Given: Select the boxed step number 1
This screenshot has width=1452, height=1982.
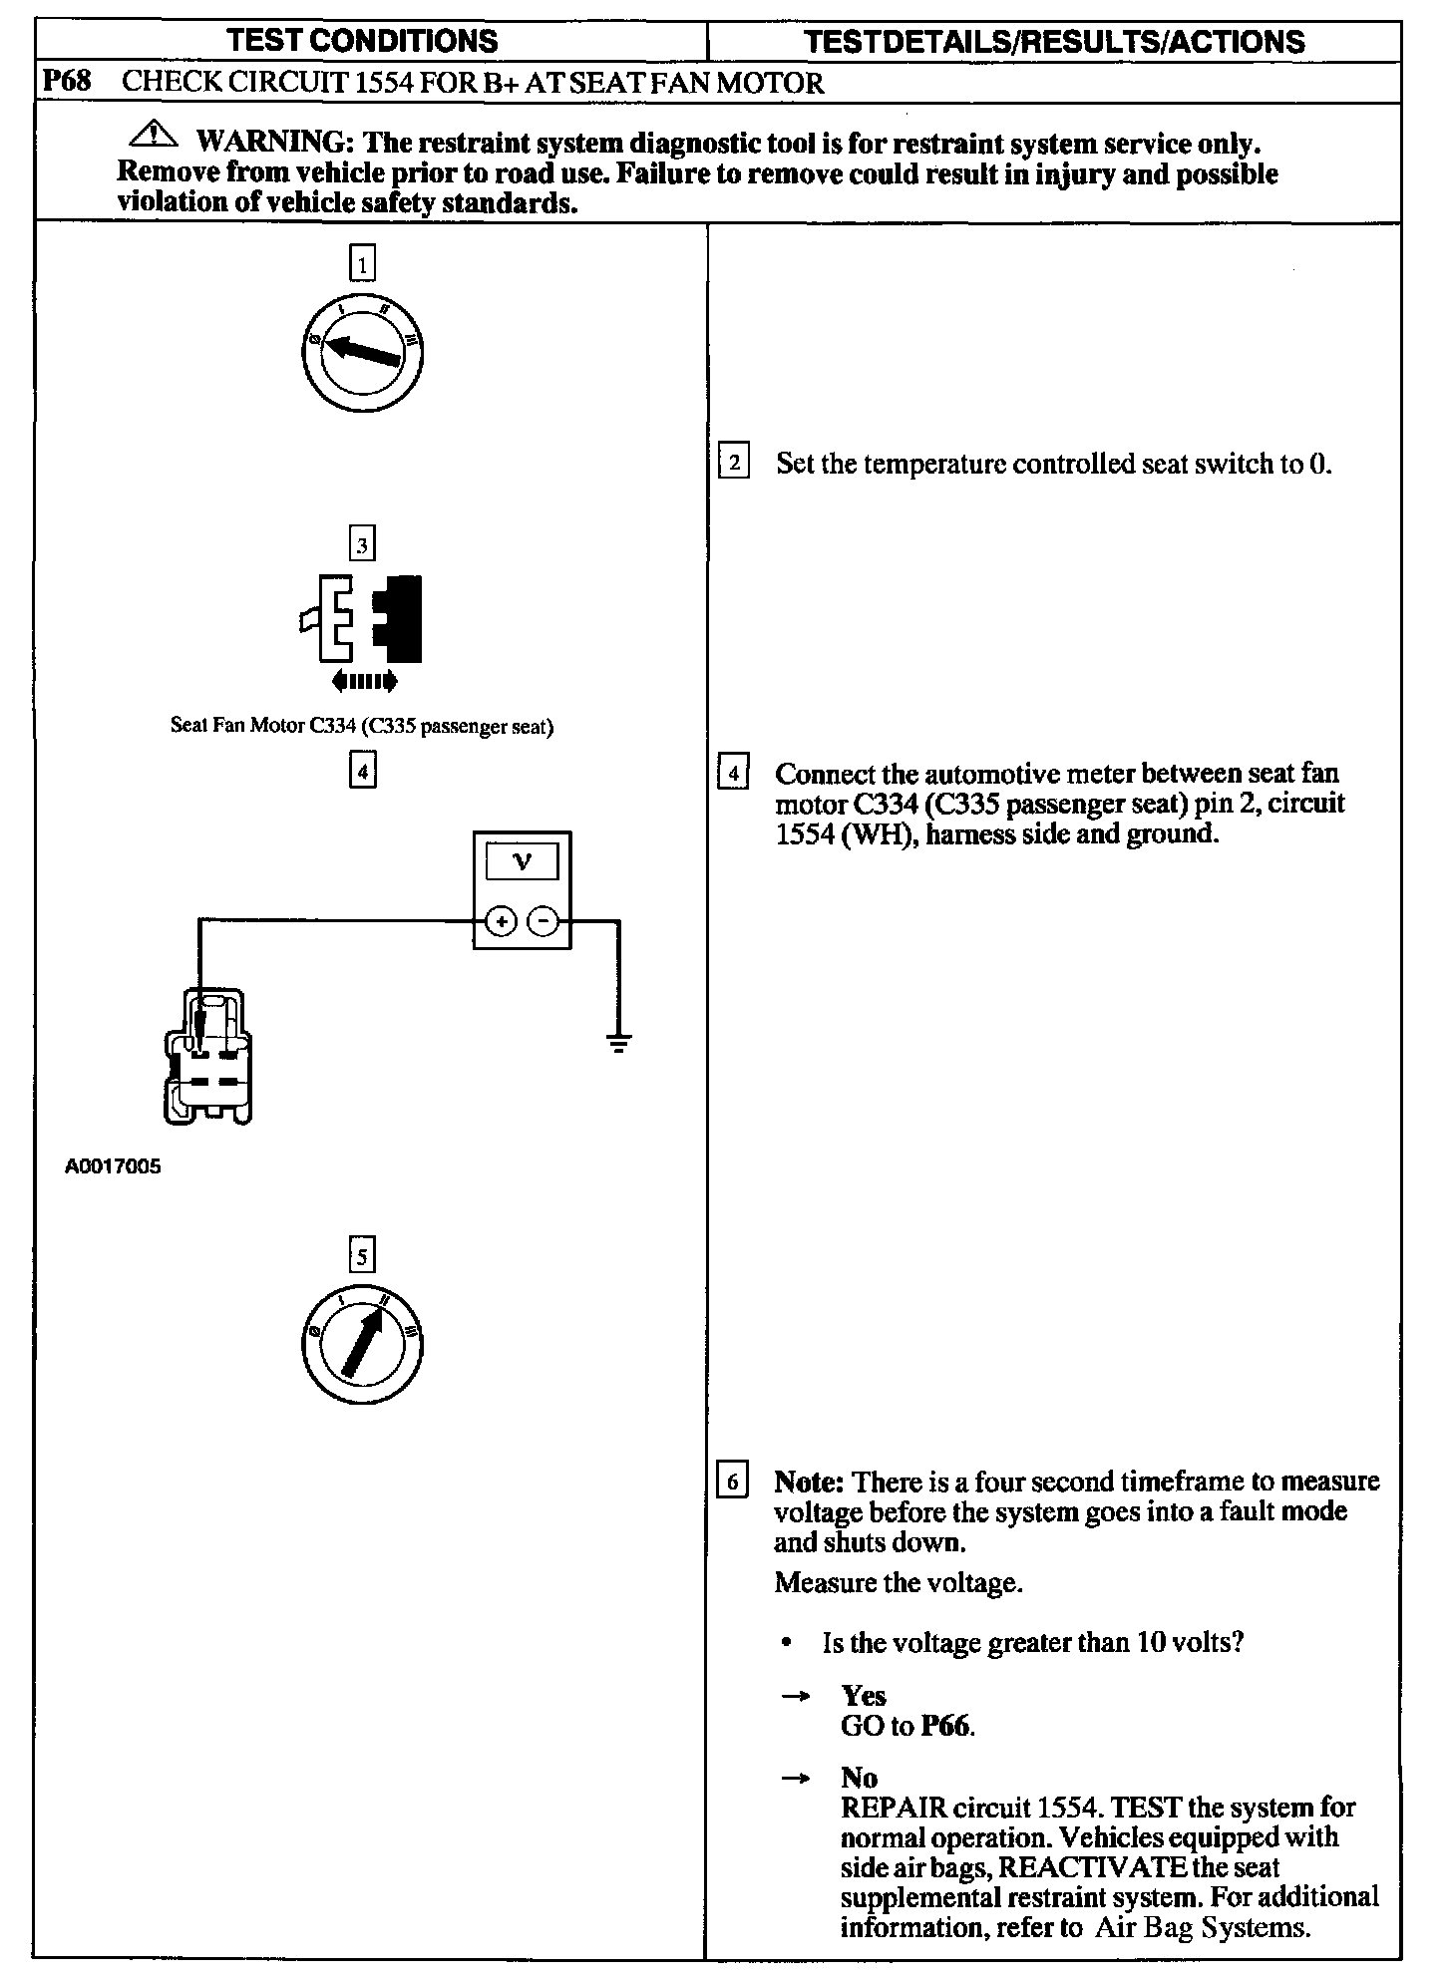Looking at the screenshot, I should coord(362,265).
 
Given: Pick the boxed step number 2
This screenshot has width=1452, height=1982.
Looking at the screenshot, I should coord(734,463).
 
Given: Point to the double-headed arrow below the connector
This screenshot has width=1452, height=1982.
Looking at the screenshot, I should coord(363,682).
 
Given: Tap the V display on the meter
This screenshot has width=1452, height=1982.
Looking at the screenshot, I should coord(522,861).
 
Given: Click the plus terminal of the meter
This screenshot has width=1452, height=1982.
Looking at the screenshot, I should coord(501,922).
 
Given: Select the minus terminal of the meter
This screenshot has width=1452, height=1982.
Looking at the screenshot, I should coord(544,922).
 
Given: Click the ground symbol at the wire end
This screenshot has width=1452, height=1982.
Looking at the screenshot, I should coord(619,1045).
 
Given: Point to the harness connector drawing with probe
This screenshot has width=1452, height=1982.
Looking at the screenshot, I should coord(206,1057).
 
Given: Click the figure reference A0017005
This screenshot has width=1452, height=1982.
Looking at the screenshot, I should coord(113,1166).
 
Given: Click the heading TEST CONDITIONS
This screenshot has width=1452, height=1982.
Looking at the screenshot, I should coord(362,41).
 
